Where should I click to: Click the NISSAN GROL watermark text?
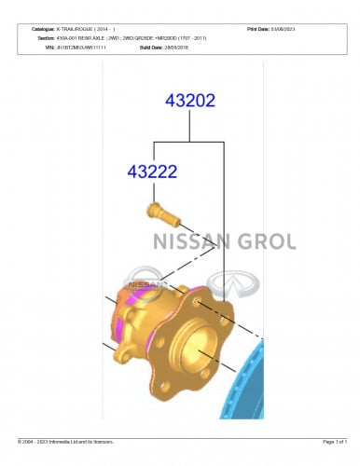pos(223,242)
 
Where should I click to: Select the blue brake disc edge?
pos(244,391)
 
